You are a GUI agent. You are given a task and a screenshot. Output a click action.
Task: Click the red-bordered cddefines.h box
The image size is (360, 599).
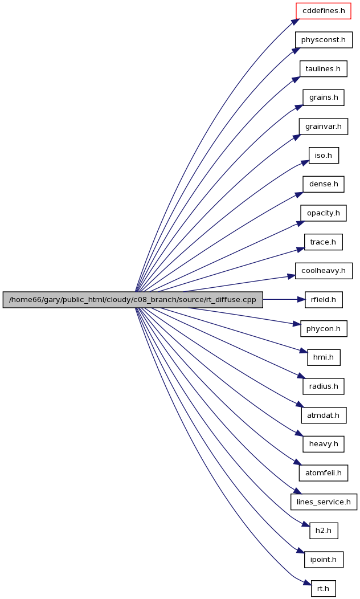[324, 11]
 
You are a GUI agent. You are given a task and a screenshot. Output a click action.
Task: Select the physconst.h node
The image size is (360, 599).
[324, 40]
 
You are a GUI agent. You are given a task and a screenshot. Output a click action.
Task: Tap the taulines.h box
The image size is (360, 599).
[324, 69]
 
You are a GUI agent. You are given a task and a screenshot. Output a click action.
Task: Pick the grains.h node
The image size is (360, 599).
[324, 97]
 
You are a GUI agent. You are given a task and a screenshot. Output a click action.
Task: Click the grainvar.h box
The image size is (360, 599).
[324, 127]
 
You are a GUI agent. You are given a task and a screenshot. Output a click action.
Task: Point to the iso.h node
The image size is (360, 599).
[324, 156]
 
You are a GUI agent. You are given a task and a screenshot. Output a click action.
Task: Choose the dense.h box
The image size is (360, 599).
[324, 184]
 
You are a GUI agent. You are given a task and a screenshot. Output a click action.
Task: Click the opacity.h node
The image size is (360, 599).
[324, 213]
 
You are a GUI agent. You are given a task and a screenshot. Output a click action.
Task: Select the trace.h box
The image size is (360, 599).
[324, 242]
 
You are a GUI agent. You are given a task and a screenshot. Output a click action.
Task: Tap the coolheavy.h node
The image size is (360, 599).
[324, 271]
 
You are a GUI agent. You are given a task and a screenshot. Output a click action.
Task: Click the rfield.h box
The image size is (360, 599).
[324, 300]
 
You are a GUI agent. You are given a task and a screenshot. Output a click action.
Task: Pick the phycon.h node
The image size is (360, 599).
[324, 328]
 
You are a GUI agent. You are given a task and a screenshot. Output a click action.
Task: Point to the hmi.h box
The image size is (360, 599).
[324, 357]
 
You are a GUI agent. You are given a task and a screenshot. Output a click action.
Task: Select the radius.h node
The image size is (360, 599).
[324, 386]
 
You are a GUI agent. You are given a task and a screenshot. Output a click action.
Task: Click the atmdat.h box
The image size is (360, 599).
[324, 415]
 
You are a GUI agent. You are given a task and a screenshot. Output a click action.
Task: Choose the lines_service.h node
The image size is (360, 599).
[324, 502]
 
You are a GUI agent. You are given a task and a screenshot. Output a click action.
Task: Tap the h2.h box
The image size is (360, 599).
[324, 531]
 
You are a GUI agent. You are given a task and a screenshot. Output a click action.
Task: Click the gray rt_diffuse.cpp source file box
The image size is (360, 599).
[133, 300]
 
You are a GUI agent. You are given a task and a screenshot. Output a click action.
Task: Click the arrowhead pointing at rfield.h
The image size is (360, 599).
[301, 300]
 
